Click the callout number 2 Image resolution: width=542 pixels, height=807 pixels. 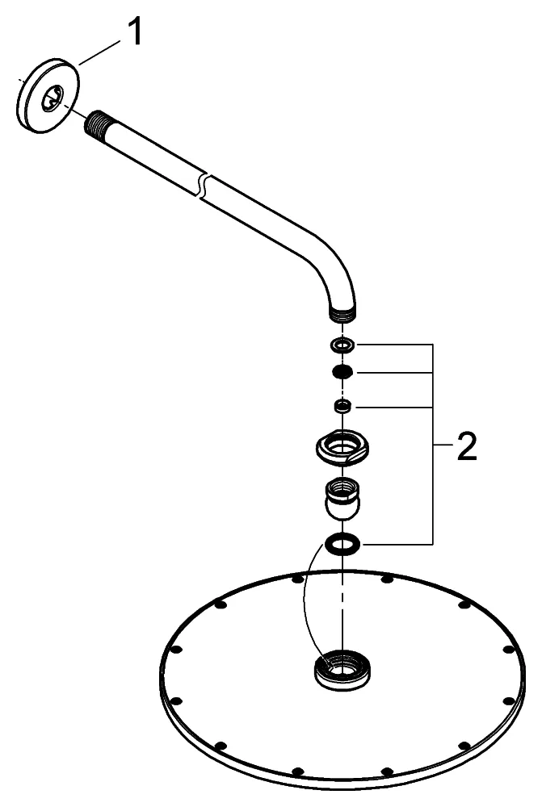pyautogui.click(x=466, y=449)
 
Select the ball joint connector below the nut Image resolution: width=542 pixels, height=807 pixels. pyautogui.click(x=343, y=498)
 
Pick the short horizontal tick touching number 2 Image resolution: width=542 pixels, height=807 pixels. pyautogui.click(x=443, y=445)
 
